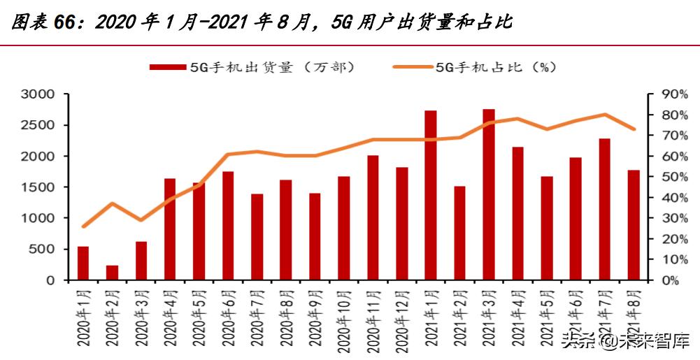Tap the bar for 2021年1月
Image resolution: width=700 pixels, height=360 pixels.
click(431, 195)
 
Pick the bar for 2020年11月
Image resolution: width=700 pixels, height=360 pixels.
click(373, 217)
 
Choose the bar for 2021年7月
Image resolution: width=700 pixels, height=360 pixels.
click(605, 209)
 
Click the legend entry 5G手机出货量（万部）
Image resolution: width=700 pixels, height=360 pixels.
click(252, 67)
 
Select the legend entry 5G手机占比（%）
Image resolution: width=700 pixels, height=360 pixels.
click(476, 67)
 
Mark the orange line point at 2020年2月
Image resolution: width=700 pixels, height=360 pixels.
click(112, 203)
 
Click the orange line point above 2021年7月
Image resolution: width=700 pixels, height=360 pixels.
click(605, 115)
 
